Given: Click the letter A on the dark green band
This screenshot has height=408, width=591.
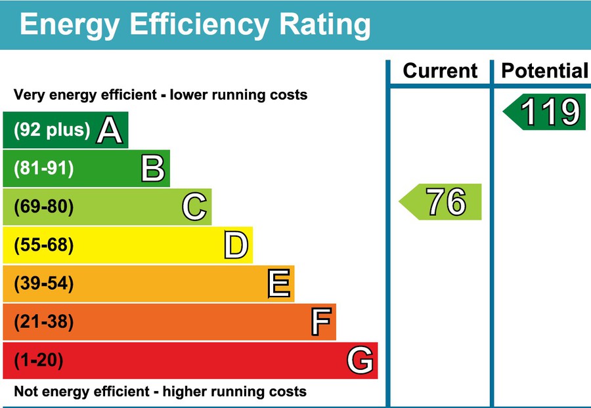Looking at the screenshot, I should coord(110,130).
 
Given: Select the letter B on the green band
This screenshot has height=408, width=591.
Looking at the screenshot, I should coord(152,169).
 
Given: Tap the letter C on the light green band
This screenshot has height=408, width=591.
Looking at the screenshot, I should coord(194,207).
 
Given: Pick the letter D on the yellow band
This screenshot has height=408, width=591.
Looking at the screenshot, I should coord(236,245).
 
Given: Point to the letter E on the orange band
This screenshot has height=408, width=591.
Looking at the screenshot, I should coord(278,284).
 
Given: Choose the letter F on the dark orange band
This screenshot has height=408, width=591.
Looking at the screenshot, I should coord(320,322).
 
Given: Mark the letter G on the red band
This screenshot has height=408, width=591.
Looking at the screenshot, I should coord(361,360).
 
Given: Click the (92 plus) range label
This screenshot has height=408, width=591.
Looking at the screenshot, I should coord(52,130).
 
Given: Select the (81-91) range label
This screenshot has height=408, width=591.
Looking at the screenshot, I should coord(43,169).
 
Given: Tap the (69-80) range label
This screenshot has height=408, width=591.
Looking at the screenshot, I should coord(43,207).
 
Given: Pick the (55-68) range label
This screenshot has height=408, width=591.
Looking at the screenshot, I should coord(43,245).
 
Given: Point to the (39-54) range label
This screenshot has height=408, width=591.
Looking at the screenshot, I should coord(43,284).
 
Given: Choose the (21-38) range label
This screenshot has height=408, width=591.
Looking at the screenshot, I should coord(43,322).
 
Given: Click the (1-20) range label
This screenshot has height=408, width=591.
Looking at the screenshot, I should coord(39,360).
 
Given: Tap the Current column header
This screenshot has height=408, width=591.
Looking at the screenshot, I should coord(440,71).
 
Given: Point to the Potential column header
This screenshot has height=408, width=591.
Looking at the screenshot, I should coord(544,71).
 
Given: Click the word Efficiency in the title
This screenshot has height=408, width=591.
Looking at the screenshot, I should coord(200,24).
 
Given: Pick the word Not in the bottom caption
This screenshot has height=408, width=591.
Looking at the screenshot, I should coord(26,392).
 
